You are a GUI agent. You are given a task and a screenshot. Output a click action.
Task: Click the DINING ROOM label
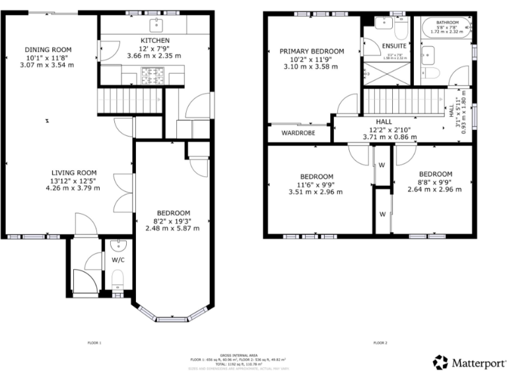point(48,49)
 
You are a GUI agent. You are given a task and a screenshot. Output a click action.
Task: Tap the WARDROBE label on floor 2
point(298,133)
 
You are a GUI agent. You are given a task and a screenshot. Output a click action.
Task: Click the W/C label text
point(118,260)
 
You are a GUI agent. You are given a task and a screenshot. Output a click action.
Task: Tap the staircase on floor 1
point(130,102)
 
